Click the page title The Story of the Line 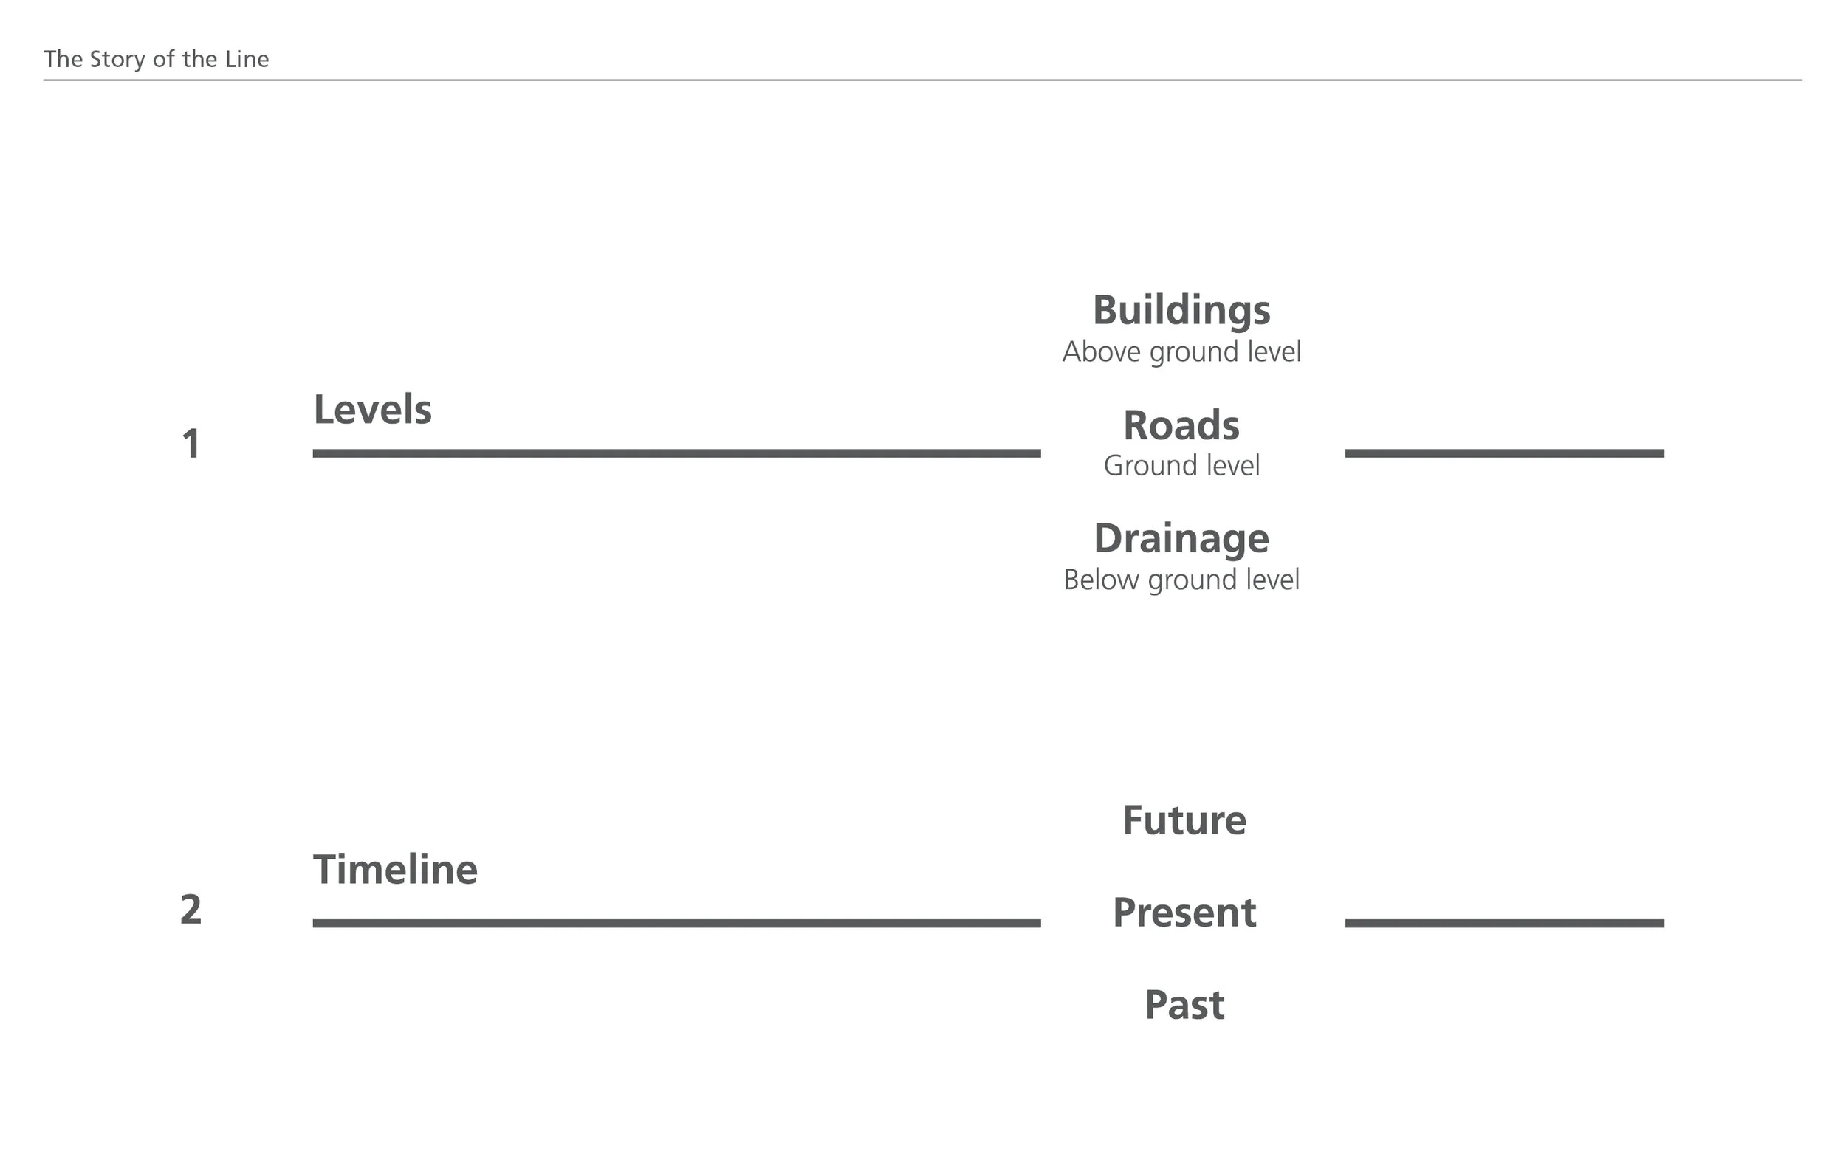pos(157,60)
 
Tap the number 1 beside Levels pos(191,444)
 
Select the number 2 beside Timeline pos(191,909)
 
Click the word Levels pos(372,409)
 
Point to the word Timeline pos(395,869)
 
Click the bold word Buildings pos(1181,311)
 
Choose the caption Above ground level pos(1181,352)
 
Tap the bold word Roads pos(1181,425)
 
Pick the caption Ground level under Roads pos(1181,466)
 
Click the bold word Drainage pos(1181,539)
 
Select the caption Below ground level pos(1181,580)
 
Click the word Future pos(1184,820)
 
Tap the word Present pos(1184,913)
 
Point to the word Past pos(1184,1005)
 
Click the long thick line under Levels pos(677,453)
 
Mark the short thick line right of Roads pos(1505,453)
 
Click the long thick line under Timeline pos(677,924)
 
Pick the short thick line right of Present pos(1505,924)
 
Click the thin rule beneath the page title pos(922,80)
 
